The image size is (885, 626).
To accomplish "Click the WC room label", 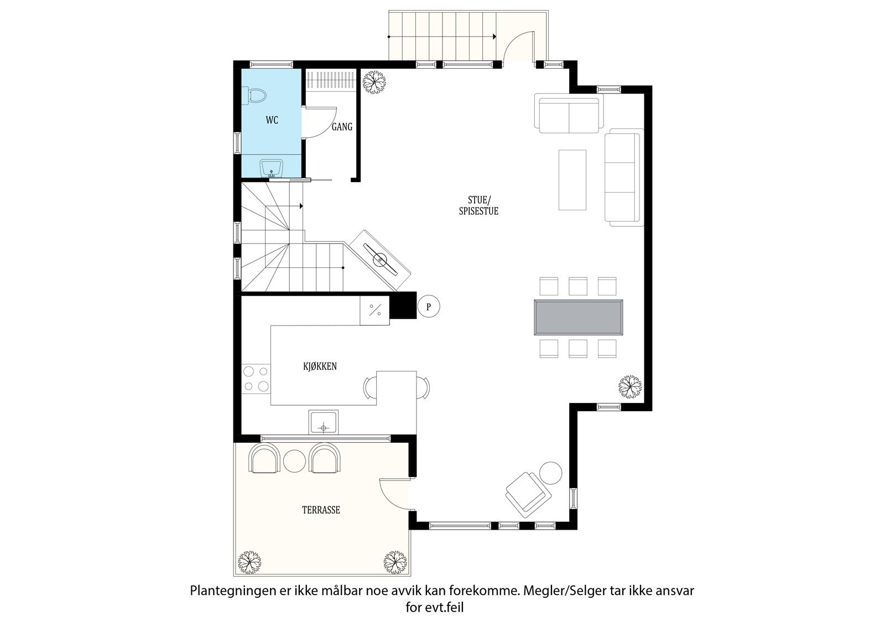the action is [x=272, y=120].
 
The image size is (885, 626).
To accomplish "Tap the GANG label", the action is [x=342, y=127].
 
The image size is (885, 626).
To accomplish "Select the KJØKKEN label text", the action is [x=320, y=366].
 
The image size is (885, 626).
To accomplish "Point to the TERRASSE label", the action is [x=321, y=510].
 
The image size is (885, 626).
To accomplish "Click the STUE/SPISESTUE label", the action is [x=478, y=205].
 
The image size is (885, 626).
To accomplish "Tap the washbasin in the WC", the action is [x=271, y=168].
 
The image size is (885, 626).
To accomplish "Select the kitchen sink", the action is [x=323, y=422].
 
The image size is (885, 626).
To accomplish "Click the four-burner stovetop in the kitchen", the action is [x=256, y=379].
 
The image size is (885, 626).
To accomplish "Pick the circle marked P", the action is [x=428, y=306].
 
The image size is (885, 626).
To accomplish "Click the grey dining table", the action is [x=579, y=318].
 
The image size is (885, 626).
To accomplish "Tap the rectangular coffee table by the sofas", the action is [x=572, y=180].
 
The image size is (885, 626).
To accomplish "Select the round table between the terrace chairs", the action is [x=294, y=461].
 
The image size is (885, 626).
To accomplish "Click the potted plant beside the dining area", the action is [x=630, y=387].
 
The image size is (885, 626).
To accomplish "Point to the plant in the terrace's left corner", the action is [x=249, y=562].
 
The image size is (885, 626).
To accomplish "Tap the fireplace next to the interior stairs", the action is [x=381, y=260].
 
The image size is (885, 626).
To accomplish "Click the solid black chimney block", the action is [x=403, y=306].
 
